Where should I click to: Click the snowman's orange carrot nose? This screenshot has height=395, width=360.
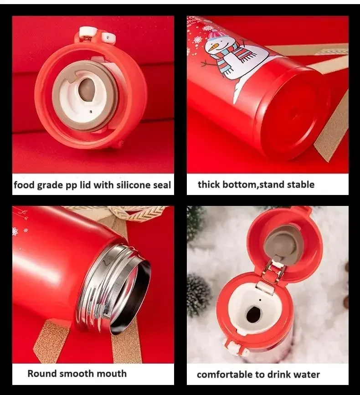point(210,46)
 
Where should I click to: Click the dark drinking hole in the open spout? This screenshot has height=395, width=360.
point(253,315)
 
